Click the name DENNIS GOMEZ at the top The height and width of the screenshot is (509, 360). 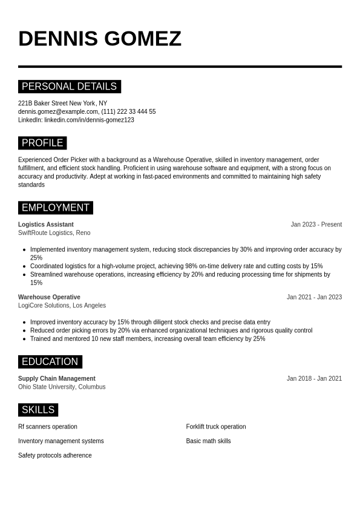click(x=100, y=39)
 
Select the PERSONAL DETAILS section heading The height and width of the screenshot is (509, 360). click(x=69, y=87)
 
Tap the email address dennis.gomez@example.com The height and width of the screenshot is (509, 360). click(x=58, y=112)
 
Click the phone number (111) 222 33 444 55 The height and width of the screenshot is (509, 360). click(x=128, y=112)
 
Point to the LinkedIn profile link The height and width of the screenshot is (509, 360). click(x=89, y=120)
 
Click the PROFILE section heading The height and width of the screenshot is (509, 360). click(x=42, y=143)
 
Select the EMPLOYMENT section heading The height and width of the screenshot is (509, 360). click(x=55, y=208)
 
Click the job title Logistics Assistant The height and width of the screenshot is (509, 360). click(x=46, y=225)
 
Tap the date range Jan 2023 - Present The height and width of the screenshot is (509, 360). click(x=316, y=225)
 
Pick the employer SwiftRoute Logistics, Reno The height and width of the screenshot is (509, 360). click(x=54, y=233)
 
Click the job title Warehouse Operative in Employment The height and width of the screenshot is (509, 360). click(x=49, y=297)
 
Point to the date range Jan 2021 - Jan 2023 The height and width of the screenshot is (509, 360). click(x=314, y=297)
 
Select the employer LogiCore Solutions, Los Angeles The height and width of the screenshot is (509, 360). click(x=62, y=306)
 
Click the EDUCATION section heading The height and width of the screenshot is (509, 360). click(x=50, y=362)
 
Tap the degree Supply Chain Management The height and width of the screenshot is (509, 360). click(x=57, y=379)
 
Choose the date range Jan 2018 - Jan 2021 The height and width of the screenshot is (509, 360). click(x=314, y=379)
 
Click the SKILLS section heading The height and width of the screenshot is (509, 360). click(x=38, y=410)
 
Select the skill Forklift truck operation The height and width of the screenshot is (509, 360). click(x=216, y=427)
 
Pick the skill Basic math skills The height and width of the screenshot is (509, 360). click(x=208, y=441)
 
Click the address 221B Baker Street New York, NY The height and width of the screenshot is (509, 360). click(x=62, y=103)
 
